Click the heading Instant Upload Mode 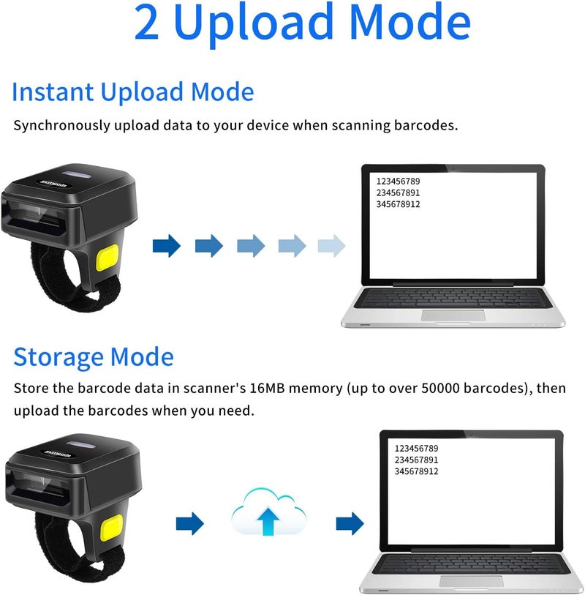point(133,93)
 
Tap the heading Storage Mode point(94,357)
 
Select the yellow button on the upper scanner point(107,260)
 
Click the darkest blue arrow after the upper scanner point(167,246)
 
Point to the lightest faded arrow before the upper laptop point(331,246)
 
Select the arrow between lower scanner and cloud point(189,523)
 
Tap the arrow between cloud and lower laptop point(350,523)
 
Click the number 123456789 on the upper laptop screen point(398,181)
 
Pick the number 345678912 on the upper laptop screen point(398,204)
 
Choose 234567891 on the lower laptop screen point(416,460)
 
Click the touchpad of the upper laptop point(453,315)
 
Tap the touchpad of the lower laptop point(471,581)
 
